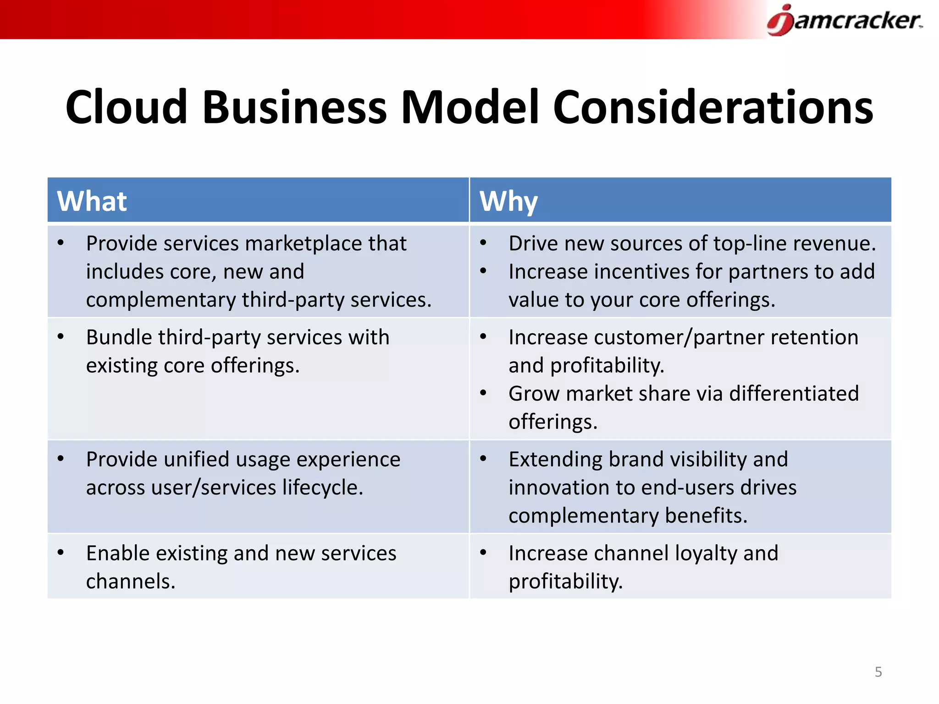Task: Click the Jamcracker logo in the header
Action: tap(845, 20)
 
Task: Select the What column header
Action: tap(92, 201)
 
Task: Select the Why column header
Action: tap(508, 201)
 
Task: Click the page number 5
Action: tap(878, 672)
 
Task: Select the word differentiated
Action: tap(794, 394)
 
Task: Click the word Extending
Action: tap(555, 459)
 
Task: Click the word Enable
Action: tap(118, 553)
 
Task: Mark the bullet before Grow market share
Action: tap(483, 393)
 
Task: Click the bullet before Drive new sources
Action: tap(483, 243)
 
